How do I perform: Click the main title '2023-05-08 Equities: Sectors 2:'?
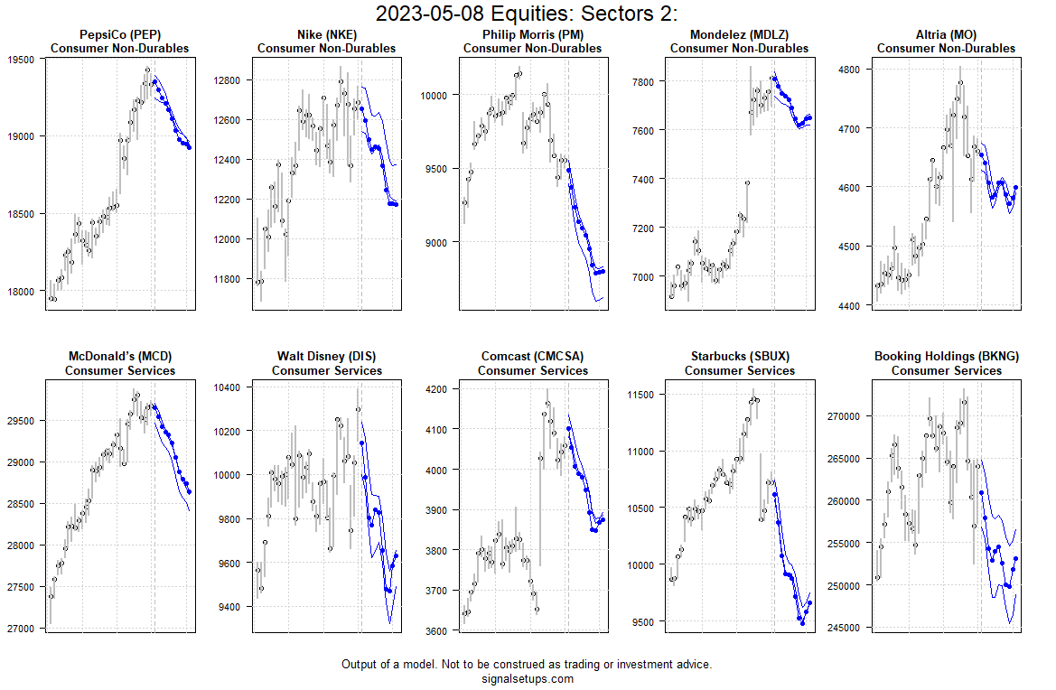527,14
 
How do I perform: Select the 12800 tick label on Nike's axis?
226,80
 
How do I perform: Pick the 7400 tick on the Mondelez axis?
643,180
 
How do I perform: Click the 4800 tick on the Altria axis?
850,70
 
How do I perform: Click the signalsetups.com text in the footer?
527,679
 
